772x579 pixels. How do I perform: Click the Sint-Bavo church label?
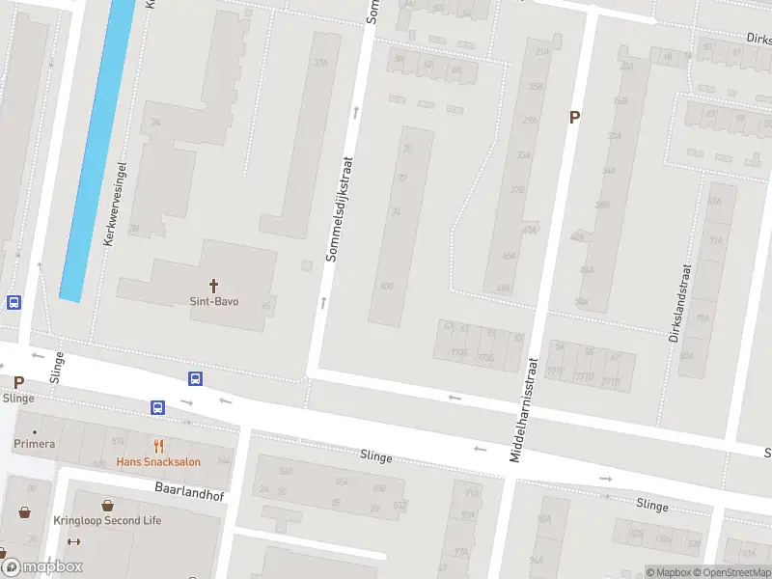click(213, 301)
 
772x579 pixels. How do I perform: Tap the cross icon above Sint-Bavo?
click(213, 286)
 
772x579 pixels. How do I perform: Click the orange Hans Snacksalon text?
click(158, 461)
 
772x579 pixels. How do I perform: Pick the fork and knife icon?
click(159, 446)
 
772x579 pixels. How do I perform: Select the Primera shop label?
click(34, 444)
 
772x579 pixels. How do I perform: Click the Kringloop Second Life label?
click(106, 520)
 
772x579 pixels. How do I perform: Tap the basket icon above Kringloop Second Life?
click(106, 505)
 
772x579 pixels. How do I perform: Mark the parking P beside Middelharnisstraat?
click(574, 117)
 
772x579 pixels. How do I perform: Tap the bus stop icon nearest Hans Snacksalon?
click(157, 407)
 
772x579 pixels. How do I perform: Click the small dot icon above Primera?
click(35, 430)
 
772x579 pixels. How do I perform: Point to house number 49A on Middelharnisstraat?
click(503, 288)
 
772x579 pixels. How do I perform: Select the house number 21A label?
click(541, 51)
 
